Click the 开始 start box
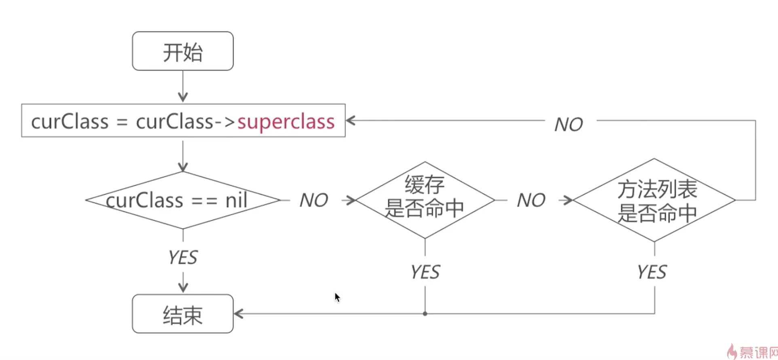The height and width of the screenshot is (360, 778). tap(183, 51)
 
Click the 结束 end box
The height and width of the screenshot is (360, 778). tap(183, 314)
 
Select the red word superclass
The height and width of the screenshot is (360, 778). tap(286, 122)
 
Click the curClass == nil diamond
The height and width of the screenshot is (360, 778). tap(183, 200)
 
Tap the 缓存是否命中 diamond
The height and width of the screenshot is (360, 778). tap(425, 200)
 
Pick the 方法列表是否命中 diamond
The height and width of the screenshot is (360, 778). tap(654, 200)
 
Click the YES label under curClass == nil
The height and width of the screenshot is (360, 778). tap(183, 258)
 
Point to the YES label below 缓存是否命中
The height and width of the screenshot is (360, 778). tap(425, 272)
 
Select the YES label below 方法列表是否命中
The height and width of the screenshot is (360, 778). tap(652, 272)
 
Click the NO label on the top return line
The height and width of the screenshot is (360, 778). tap(569, 124)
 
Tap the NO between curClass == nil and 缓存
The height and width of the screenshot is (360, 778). tap(314, 200)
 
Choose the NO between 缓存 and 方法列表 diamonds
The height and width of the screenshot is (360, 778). tap(531, 200)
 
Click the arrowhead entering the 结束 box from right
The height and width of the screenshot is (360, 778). tap(239, 313)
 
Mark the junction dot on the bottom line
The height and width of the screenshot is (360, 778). tap(425, 313)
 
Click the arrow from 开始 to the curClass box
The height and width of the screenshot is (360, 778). tap(183, 87)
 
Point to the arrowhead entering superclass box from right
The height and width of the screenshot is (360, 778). tap(351, 121)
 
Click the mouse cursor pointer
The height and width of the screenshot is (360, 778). tap(337, 297)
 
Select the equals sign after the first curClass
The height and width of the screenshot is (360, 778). tap(122, 122)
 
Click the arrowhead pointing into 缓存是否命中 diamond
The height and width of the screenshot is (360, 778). tap(350, 200)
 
